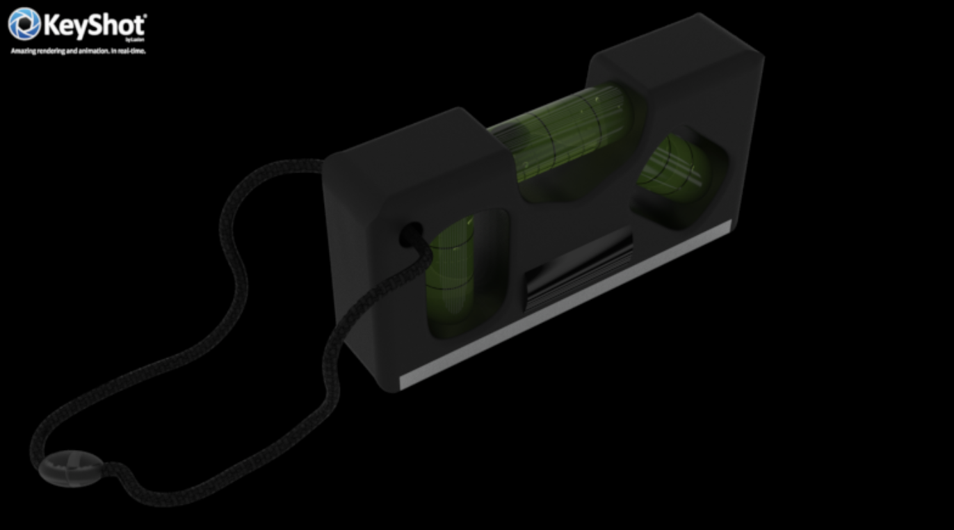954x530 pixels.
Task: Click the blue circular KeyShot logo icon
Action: [24, 24]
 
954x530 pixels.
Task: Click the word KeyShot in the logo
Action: [94, 26]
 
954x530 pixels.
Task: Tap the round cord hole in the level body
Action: [410, 234]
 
